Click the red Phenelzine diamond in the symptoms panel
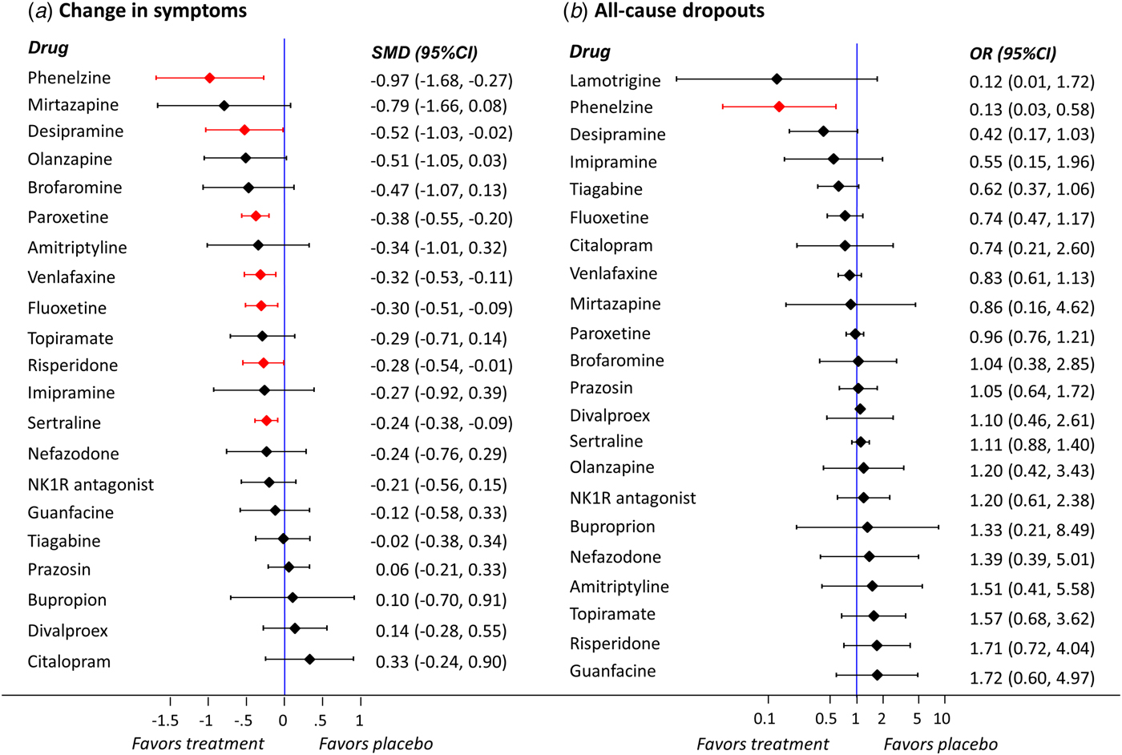coord(210,78)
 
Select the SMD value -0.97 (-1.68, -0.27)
coord(441,80)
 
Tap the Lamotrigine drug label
coord(615,81)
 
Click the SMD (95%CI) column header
coord(424,53)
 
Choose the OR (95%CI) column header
coord(1012,54)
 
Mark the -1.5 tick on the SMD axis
coord(165,720)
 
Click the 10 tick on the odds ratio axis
coord(942,719)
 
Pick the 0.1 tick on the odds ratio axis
coord(765,719)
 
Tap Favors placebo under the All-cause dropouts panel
coord(940,745)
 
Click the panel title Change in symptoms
coord(152,11)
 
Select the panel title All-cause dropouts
coord(679,11)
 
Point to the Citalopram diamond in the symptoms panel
coord(309,659)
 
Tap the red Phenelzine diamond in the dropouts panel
coord(779,106)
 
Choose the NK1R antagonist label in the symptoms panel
coord(91,485)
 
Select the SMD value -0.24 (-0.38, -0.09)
coord(441,423)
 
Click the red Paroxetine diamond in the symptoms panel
coord(256,216)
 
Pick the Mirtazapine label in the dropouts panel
coord(615,304)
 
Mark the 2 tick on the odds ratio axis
coord(882,719)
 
